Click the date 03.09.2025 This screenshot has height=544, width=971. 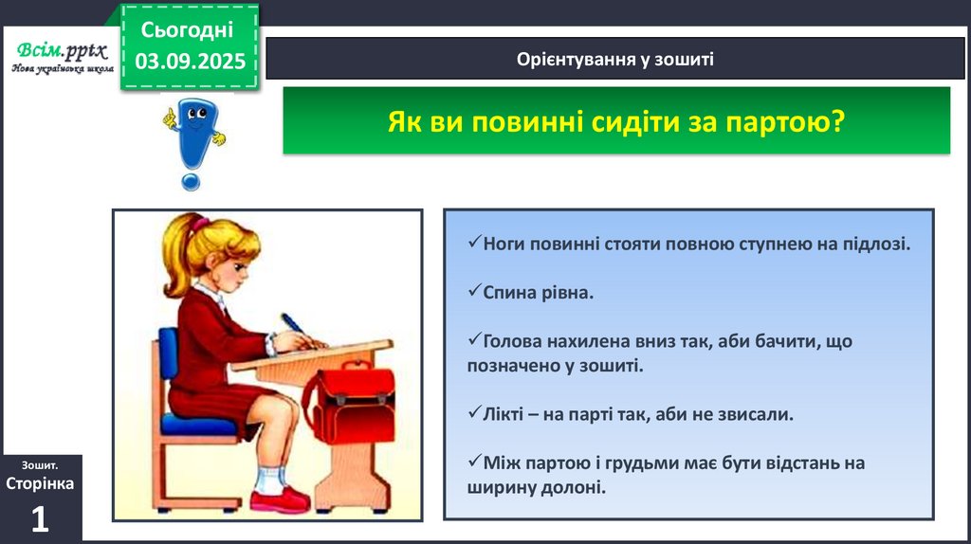(x=190, y=62)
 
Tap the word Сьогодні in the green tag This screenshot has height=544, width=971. (x=187, y=29)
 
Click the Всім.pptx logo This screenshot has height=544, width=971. (x=62, y=56)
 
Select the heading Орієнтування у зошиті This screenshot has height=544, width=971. (x=614, y=59)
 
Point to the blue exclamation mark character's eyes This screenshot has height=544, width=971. (x=197, y=114)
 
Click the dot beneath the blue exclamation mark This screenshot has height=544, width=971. (x=191, y=181)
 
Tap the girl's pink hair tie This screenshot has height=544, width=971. (x=198, y=224)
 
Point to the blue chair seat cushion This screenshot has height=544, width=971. (x=198, y=426)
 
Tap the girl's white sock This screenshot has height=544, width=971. (x=270, y=481)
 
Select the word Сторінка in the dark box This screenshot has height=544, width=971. (x=40, y=483)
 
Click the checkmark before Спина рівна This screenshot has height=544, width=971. (x=474, y=290)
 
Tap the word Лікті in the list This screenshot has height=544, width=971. (x=503, y=414)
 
